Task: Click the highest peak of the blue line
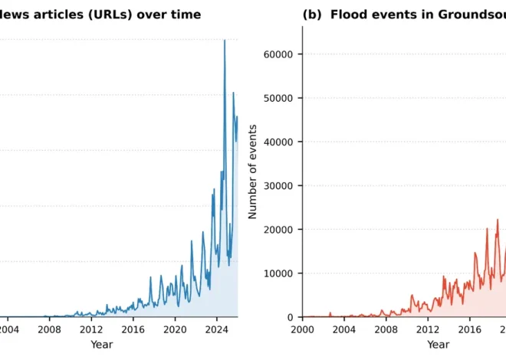[x=225, y=41]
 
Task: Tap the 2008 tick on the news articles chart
[x=50, y=329]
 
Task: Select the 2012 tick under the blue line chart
[x=91, y=329]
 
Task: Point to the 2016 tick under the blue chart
[x=133, y=329]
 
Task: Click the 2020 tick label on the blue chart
[x=175, y=329]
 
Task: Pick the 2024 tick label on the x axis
[x=217, y=329]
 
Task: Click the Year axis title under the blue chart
[x=101, y=345]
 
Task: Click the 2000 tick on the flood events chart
[x=303, y=329]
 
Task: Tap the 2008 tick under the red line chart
[x=386, y=329]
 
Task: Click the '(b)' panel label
[x=313, y=15]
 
